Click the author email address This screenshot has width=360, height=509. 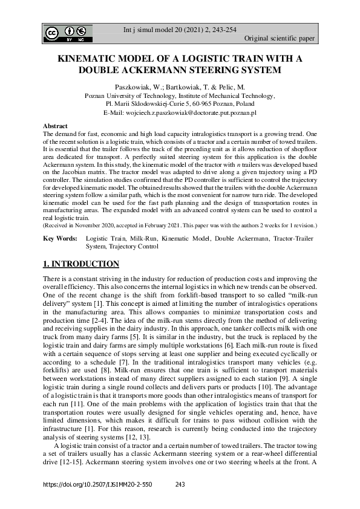click(x=202, y=112)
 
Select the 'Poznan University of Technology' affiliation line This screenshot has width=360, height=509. click(x=180, y=96)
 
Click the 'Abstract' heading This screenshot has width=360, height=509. click(x=55, y=126)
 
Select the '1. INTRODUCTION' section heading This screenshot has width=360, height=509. click(x=80, y=264)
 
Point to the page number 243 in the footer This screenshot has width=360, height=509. click(x=180, y=485)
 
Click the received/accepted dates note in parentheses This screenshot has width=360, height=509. click(x=180, y=225)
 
